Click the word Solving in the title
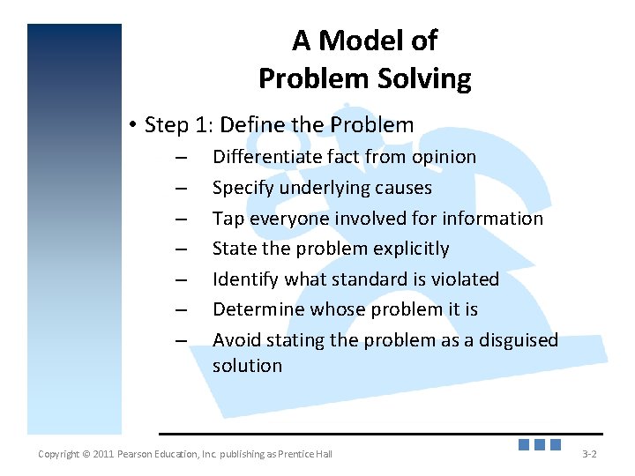click(x=428, y=79)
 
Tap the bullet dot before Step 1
click(x=131, y=125)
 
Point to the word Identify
click(x=246, y=279)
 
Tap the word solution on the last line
click(x=247, y=366)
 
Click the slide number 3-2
click(x=589, y=454)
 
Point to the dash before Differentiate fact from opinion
click(x=181, y=159)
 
